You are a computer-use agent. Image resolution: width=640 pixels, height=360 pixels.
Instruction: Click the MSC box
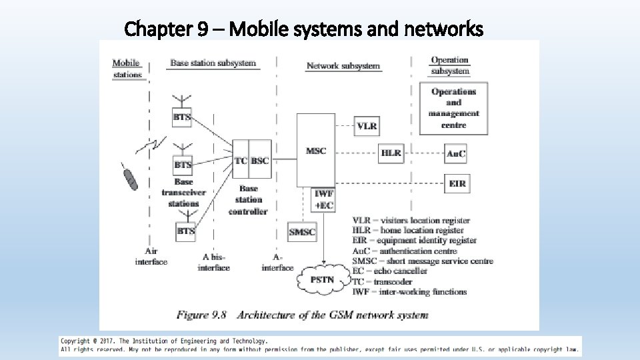click(x=315, y=151)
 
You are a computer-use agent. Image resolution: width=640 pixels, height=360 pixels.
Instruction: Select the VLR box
click(x=367, y=126)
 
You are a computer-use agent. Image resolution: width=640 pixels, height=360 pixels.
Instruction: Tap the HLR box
click(x=391, y=153)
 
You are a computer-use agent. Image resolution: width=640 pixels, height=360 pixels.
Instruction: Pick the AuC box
click(x=456, y=153)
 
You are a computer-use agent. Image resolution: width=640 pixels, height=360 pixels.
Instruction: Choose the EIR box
click(x=457, y=183)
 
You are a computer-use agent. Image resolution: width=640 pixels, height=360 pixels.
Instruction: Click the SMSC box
click(x=302, y=232)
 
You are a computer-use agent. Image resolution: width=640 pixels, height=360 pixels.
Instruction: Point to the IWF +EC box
click(x=323, y=199)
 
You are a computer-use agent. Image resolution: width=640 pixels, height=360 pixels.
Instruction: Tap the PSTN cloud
click(x=323, y=279)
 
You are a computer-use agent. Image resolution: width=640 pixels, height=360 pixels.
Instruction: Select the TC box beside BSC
click(x=241, y=161)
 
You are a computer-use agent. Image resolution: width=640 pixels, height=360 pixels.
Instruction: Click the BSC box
click(x=260, y=161)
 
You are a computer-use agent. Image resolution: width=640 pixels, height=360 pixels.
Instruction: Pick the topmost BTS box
click(x=182, y=117)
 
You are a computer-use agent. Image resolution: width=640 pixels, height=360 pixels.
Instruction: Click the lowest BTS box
click(x=185, y=231)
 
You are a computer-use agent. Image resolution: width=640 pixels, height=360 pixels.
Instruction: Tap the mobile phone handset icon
click(x=131, y=179)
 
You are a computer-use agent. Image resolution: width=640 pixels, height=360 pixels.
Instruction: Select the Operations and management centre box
click(x=453, y=108)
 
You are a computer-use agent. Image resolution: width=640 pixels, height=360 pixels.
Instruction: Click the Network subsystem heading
click(x=343, y=65)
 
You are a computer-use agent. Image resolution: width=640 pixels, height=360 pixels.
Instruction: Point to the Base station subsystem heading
click(x=213, y=63)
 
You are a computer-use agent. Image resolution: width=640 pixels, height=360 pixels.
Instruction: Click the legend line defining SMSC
click(x=423, y=261)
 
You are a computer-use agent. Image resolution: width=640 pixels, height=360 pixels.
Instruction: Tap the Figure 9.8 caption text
click(x=302, y=315)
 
